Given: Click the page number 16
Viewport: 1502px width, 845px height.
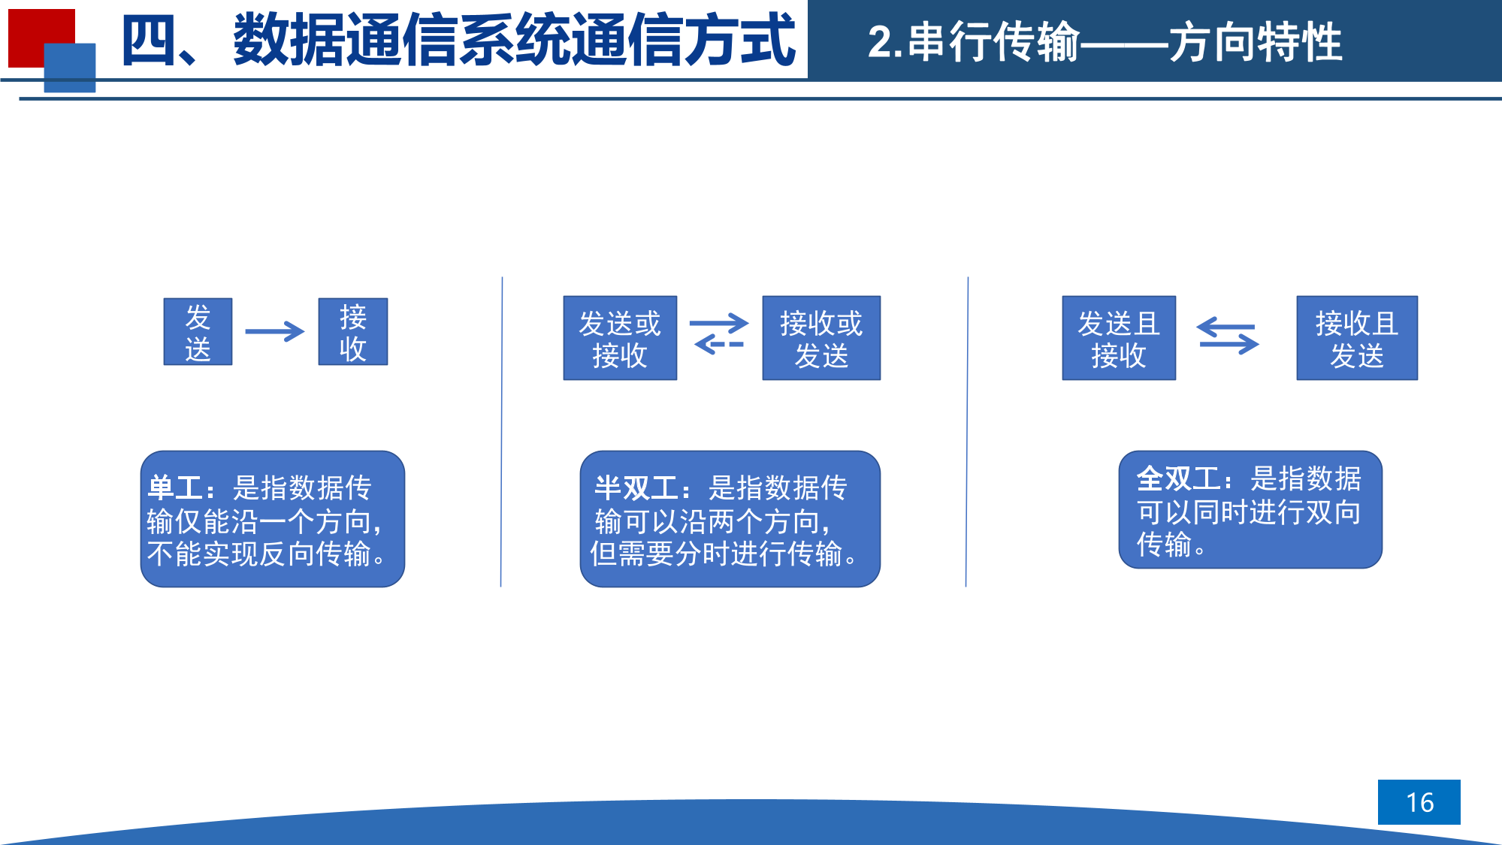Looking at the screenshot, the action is [x=1419, y=802].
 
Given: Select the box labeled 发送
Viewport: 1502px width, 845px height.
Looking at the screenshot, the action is [x=198, y=331].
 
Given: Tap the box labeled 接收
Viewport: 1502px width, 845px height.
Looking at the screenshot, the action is [x=353, y=331].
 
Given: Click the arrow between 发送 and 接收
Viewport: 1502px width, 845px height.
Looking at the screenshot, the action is [x=274, y=331].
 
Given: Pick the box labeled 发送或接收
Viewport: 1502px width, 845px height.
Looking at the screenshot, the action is [x=620, y=338].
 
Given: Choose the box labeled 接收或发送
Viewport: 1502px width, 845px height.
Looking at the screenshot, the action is [x=821, y=338].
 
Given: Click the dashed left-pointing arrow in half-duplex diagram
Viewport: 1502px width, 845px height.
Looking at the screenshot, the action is [x=719, y=345].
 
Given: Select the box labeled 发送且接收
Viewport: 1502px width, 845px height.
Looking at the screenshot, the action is [x=1119, y=338].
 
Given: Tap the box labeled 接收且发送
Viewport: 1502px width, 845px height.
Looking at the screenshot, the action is [x=1357, y=338].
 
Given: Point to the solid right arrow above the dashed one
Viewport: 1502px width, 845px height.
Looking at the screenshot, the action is [x=719, y=324].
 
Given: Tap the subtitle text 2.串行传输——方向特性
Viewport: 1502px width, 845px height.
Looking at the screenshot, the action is [x=1105, y=42].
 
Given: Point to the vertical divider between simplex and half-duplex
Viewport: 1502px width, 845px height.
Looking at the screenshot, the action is [x=501, y=432].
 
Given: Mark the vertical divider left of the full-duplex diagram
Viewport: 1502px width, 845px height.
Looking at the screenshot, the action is [x=967, y=432].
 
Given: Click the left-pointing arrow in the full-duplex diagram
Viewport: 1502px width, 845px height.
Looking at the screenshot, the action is [x=1225, y=327].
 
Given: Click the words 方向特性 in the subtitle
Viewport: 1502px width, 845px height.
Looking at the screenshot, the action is [x=1256, y=42].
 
